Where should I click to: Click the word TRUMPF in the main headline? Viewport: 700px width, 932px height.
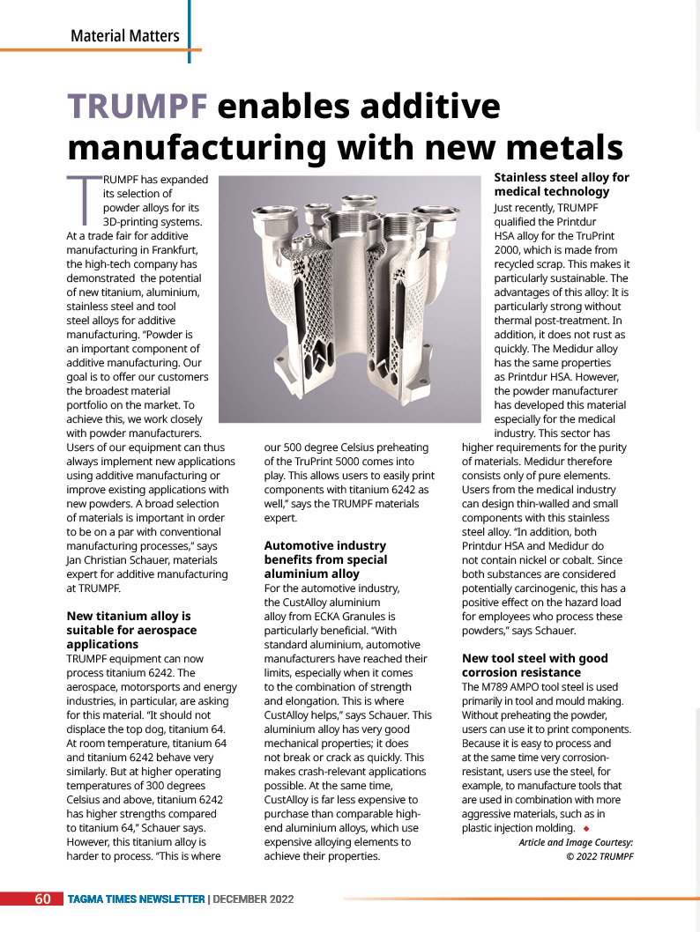pos(138,107)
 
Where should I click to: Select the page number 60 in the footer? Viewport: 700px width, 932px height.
pos(42,899)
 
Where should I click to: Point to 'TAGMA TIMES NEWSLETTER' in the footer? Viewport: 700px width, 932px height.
pos(137,899)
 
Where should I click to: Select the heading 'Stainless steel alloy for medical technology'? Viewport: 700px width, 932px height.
pos(561,184)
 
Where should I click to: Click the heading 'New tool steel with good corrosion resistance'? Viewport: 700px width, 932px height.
pos(534,665)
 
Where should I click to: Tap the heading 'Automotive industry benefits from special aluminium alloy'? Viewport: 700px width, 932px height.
pos(324,559)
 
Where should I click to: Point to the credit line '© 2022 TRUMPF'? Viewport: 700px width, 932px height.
pos(599,855)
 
